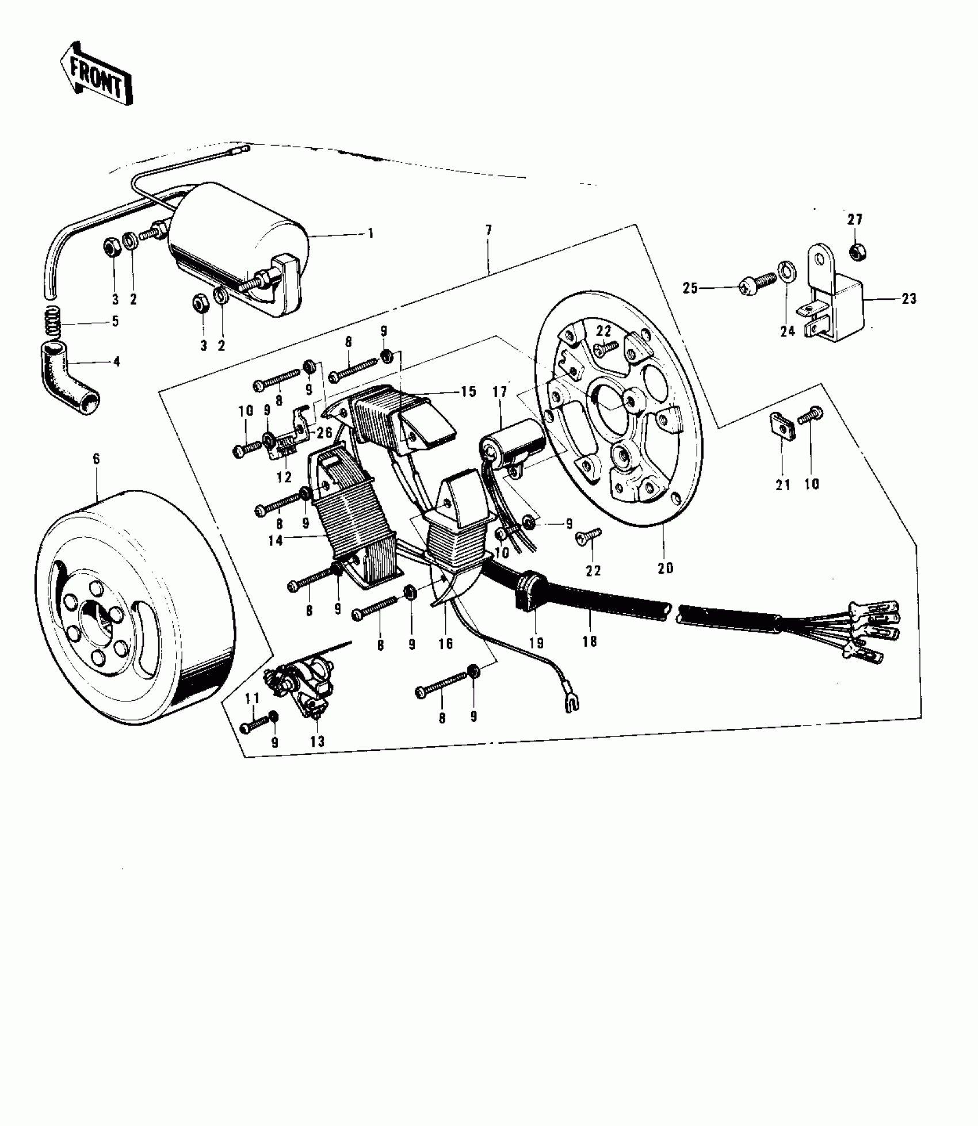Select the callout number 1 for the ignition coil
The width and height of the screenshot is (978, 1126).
pyautogui.click(x=370, y=234)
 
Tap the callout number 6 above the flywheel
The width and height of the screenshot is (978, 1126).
pyautogui.click(x=96, y=459)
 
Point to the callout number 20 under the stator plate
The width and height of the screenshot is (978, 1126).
pyautogui.click(x=665, y=568)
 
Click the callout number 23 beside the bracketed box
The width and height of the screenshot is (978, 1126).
pyautogui.click(x=909, y=299)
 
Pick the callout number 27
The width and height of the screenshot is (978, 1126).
pyautogui.click(x=855, y=220)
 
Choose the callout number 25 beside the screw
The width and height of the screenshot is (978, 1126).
pyautogui.click(x=689, y=288)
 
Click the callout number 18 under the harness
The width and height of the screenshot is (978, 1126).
pyautogui.click(x=590, y=641)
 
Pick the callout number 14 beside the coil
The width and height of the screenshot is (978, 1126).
pyautogui.click(x=276, y=540)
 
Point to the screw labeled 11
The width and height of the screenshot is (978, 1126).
pyautogui.click(x=255, y=724)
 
